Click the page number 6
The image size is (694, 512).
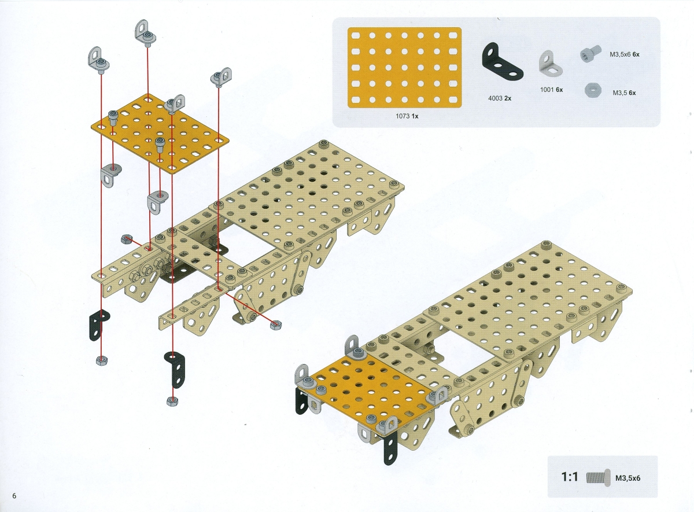coord(14,496)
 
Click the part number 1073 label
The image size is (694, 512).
coord(403,116)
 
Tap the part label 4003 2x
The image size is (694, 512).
coord(500,98)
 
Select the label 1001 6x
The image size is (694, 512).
coord(552,90)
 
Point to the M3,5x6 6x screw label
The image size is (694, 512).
coord(625,54)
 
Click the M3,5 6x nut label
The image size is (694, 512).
coord(624,93)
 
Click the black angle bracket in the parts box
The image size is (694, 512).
coord(502,61)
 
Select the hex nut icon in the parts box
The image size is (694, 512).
coord(593,91)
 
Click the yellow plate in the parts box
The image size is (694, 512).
coord(404,68)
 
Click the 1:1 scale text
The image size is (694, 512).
coord(570,477)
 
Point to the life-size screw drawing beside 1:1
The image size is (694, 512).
coord(598,478)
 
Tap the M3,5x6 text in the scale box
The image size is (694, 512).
coord(627,478)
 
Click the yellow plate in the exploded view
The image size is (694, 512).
coord(160,133)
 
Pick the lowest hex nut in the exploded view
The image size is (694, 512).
coord(172,401)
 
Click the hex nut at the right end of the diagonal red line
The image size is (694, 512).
coord(276,325)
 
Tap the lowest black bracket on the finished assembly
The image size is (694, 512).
coord(390,447)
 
